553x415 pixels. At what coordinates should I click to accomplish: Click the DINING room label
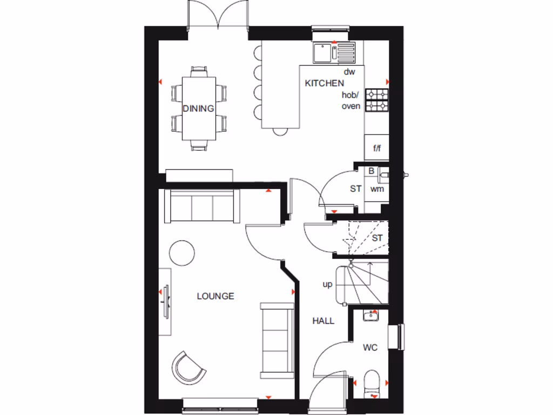[198, 109]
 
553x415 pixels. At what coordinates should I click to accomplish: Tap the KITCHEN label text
[324, 83]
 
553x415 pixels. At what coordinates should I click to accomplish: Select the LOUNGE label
[215, 296]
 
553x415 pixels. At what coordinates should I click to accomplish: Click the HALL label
[323, 320]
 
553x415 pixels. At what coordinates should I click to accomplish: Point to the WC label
[370, 347]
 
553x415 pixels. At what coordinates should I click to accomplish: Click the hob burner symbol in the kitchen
[376, 100]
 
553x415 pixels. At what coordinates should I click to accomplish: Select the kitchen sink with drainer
[334, 52]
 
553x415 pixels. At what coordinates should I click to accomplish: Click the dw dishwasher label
[349, 72]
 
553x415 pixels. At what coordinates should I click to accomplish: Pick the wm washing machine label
[376, 189]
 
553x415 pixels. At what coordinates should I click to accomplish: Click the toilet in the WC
[372, 381]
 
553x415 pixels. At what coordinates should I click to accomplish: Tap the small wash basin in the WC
[371, 314]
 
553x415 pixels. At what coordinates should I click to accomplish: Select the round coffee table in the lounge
[181, 252]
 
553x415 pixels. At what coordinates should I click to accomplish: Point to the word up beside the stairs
[327, 284]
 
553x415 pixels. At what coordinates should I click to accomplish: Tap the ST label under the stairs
[377, 238]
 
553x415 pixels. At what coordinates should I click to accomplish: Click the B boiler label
[371, 171]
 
